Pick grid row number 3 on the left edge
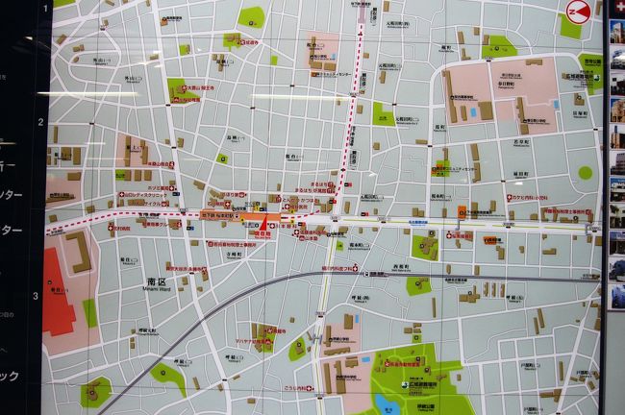click(37, 295)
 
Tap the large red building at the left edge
click(58, 288)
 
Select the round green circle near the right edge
click(585, 173)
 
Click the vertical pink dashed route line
click(352, 96)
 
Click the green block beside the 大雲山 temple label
click(179, 88)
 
